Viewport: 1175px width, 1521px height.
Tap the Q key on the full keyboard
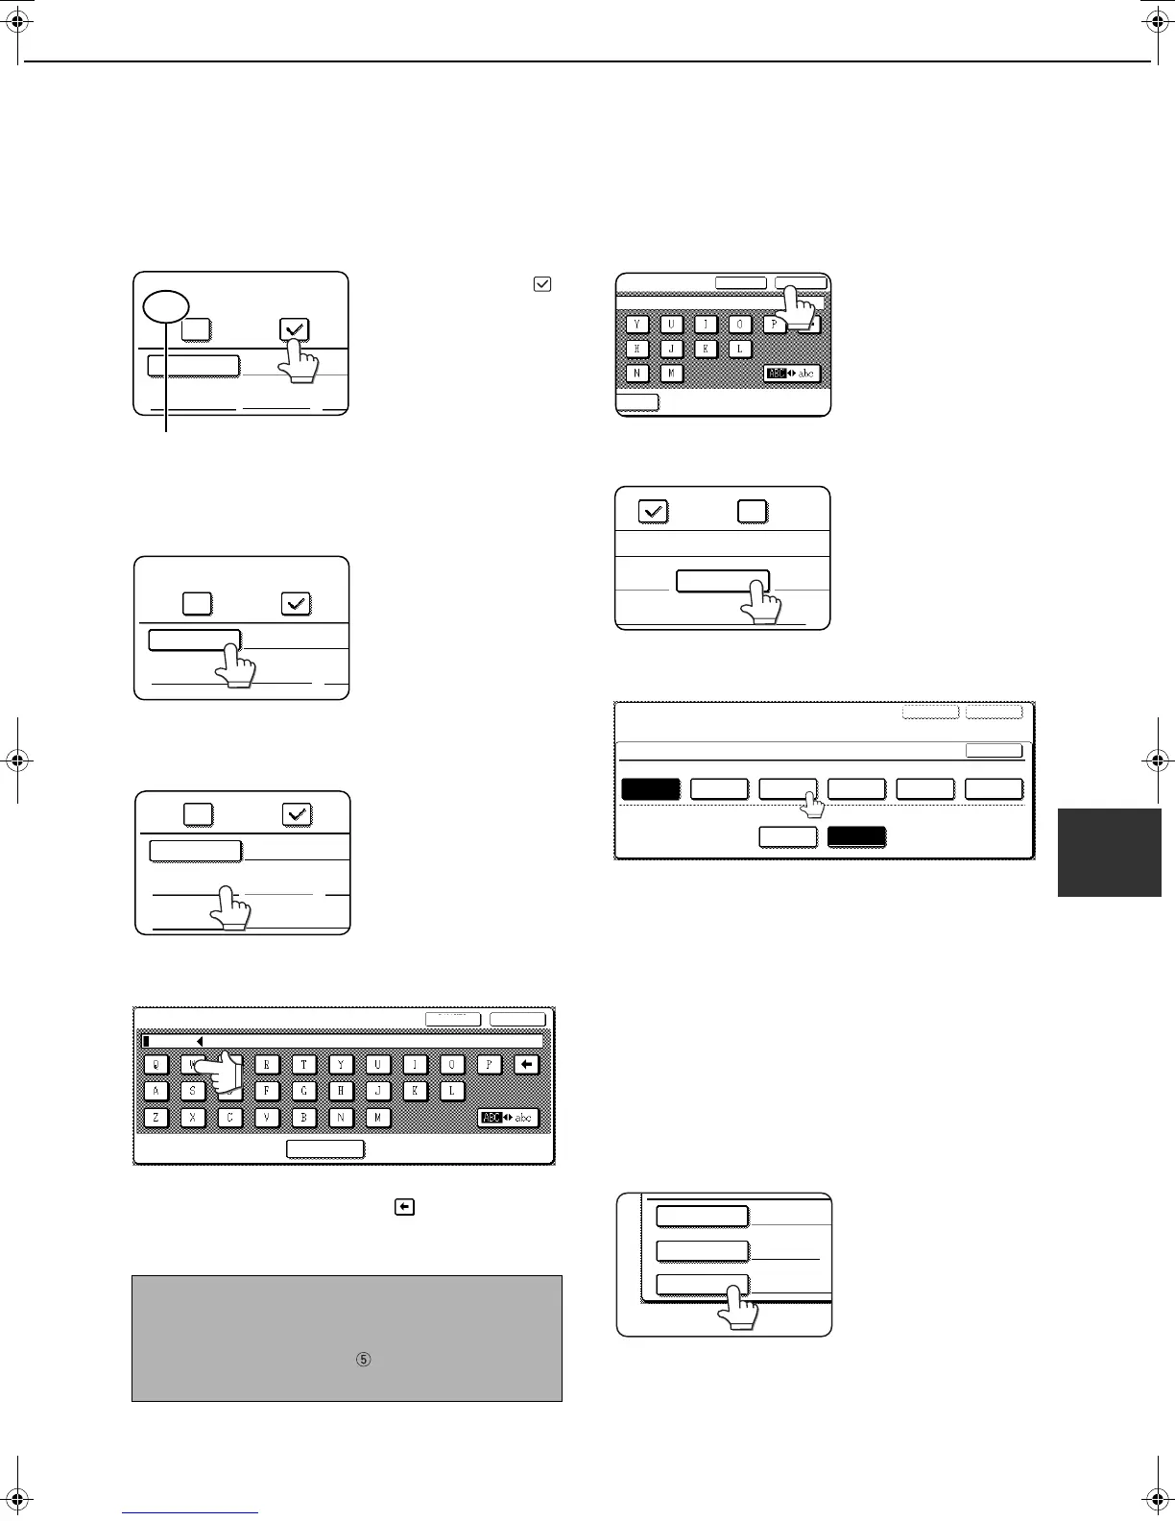pyautogui.click(x=156, y=1064)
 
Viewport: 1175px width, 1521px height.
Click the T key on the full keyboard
pyautogui.click(x=304, y=1064)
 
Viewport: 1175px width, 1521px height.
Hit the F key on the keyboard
pyautogui.click(x=266, y=1091)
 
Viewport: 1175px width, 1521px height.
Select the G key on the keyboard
pyautogui.click(x=304, y=1091)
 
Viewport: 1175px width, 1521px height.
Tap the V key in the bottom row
pyautogui.click(x=266, y=1118)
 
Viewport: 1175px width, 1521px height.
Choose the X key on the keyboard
pyautogui.click(x=192, y=1118)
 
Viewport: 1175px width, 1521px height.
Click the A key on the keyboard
pyautogui.click(x=156, y=1091)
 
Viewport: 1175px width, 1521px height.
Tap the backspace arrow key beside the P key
pyautogui.click(x=527, y=1064)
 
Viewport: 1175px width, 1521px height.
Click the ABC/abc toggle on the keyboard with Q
pyautogui.click(x=509, y=1118)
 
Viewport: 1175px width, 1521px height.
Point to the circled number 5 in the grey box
pyautogui.click(x=363, y=1360)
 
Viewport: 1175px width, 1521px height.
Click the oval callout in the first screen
pyautogui.click(x=165, y=307)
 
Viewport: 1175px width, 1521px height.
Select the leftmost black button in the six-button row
pyautogui.click(x=651, y=789)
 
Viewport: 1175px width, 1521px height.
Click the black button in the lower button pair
pyautogui.click(x=856, y=836)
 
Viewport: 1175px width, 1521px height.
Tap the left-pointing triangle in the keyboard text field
pyautogui.click(x=199, y=1041)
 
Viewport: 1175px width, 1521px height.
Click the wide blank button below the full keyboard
pyautogui.click(x=326, y=1148)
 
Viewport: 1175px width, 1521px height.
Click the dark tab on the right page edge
pyautogui.click(x=1109, y=853)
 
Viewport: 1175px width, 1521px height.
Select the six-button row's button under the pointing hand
pyautogui.click(x=788, y=789)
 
